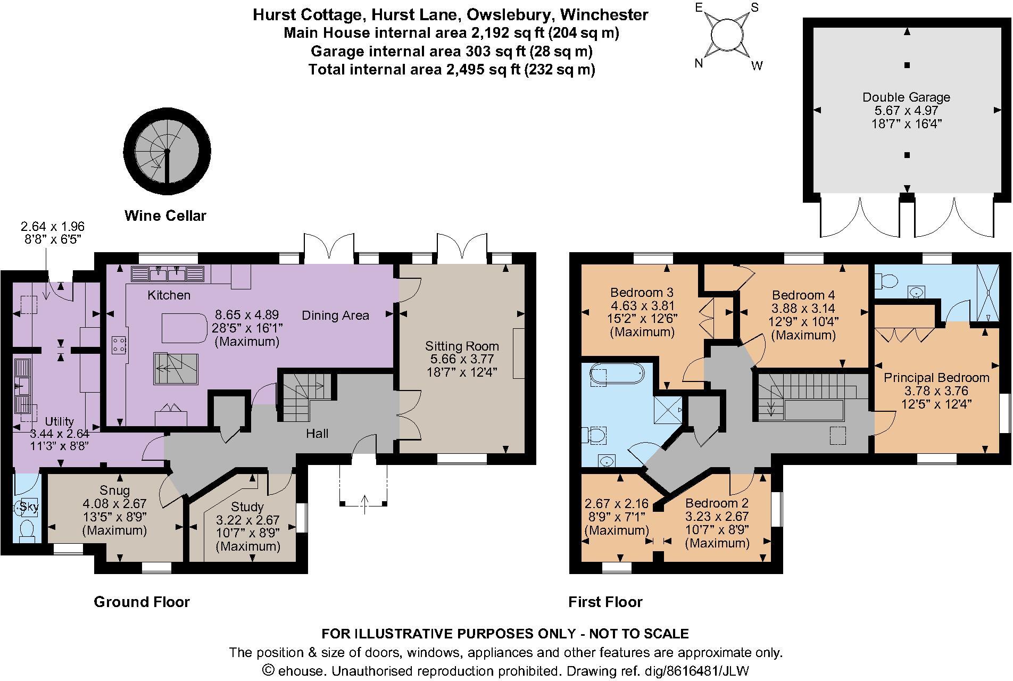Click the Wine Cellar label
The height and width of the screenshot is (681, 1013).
click(x=165, y=215)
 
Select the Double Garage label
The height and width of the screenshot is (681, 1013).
click(x=906, y=97)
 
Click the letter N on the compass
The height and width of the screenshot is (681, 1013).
click(x=699, y=63)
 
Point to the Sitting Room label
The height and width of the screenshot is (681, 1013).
click(x=461, y=346)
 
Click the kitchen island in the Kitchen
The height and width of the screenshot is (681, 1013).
click(x=184, y=328)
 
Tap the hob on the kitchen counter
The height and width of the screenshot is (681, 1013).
click(x=118, y=344)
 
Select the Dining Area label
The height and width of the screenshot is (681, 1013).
click(x=335, y=315)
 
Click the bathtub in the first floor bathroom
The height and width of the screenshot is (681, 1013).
click(x=617, y=373)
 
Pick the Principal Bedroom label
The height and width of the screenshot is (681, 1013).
click(x=936, y=378)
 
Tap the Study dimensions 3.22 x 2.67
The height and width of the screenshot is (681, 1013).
click(x=248, y=520)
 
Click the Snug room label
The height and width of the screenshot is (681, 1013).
click(x=114, y=490)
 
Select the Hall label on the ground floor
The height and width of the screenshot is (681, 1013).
click(x=317, y=434)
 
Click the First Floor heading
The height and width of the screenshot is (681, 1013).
click(x=605, y=602)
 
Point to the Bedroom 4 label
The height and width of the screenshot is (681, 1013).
click(x=803, y=295)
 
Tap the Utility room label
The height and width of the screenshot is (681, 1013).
click(x=59, y=421)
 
